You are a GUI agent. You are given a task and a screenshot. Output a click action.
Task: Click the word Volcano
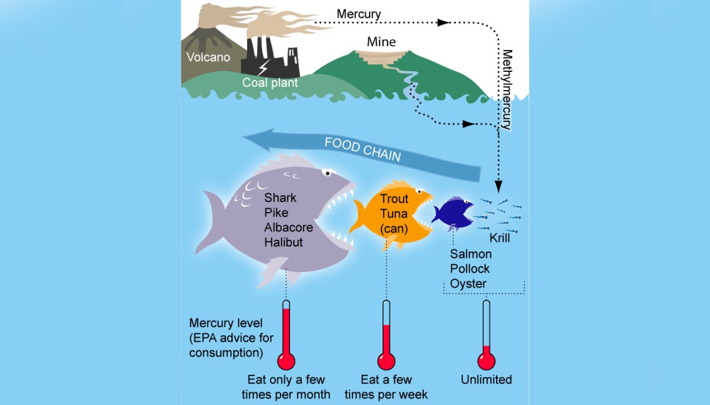coord(208,57)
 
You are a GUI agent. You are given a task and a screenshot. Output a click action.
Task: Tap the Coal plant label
coord(270,83)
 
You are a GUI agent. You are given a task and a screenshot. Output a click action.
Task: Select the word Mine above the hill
coord(381,42)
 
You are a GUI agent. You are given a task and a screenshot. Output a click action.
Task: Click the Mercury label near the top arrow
coord(359,14)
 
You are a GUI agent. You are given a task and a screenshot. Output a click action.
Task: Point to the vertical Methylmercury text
coord(507,90)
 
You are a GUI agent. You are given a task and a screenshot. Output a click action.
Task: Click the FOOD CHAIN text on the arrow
coord(362,149)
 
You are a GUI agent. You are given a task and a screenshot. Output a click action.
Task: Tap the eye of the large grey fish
coord(329,172)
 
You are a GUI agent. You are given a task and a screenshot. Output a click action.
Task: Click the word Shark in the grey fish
coord(281,198)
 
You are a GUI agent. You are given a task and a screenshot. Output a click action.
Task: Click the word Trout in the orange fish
coord(394,199)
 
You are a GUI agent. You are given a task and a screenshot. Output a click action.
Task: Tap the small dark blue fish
coord(453,213)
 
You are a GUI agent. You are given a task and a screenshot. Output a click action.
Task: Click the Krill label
coord(499,238)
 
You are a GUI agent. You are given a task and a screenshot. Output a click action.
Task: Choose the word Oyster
coord(468,284)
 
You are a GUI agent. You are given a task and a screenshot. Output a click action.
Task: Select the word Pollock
coord(470,269)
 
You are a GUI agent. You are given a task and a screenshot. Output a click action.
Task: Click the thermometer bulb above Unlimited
coord(487,361)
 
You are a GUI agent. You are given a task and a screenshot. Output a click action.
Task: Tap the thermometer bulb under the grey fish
coord(286,361)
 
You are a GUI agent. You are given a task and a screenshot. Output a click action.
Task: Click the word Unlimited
coord(486,380)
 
